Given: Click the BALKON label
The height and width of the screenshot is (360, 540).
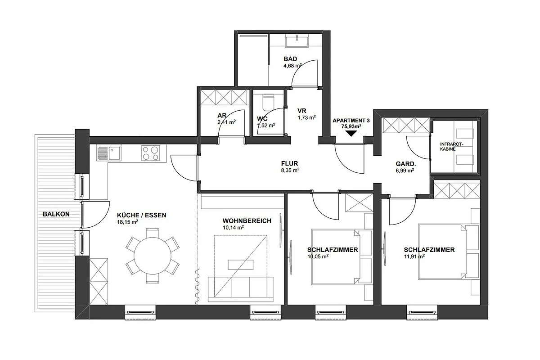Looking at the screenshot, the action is (56, 214).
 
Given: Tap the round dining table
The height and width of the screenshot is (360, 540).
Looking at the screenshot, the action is (153, 256).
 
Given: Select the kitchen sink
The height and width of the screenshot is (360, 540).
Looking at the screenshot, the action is (109, 153).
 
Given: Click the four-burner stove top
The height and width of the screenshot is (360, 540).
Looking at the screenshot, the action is (151, 153).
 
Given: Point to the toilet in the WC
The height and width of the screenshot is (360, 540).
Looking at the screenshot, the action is (268, 103).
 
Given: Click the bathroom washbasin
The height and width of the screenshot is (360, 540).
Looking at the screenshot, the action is (297, 41).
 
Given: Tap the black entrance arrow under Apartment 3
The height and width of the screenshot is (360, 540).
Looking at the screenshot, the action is (351, 134).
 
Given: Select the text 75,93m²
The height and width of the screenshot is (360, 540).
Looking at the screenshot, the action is (351, 126).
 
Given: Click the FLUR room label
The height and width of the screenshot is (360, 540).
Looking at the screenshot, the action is (289, 163).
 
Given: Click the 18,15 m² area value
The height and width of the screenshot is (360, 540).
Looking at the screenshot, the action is (127, 222).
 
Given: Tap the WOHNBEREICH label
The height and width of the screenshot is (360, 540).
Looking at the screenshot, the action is (247, 221).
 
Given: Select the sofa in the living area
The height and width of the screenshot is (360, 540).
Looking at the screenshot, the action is (241, 289).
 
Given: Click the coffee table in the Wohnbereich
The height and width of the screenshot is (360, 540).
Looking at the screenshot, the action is (241, 265).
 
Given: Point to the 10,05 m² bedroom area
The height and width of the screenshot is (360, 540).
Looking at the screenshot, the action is (318, 256).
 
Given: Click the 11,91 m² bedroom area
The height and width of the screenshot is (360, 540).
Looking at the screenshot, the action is (414, 256).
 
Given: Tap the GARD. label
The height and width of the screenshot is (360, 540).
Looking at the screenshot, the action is (406, 164).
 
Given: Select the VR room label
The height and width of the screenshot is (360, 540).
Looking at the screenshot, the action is (302, 111).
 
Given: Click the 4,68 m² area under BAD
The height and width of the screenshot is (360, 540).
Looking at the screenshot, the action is (292, 66).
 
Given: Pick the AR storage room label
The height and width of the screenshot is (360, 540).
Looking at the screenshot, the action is (222, 116).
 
